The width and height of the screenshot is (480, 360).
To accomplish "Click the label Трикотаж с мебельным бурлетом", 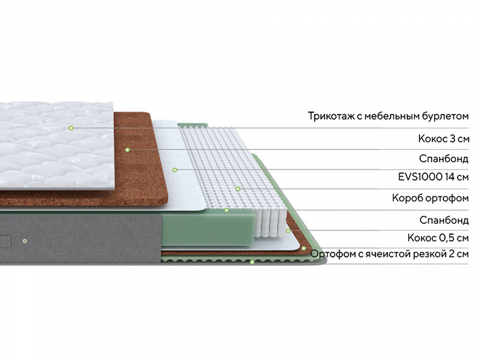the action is [x=388, y=116].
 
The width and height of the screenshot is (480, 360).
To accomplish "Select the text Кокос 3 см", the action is [x=443, y=139].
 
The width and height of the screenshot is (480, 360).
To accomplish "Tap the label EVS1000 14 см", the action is [x=433, y=177].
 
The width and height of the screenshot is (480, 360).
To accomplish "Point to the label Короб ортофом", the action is [x=430, y=199].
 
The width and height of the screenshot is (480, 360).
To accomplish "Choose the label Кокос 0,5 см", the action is [x=438, y=238].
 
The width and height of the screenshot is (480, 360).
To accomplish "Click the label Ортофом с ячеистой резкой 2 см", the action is [x=389, y=254].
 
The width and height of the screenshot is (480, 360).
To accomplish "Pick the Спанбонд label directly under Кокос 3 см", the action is [x=444, y=159].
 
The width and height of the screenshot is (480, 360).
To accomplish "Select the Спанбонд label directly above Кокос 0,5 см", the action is [x=444, y=220].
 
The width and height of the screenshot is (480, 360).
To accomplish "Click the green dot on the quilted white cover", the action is [x=71, y=128].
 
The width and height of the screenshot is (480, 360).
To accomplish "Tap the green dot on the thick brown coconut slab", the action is [x=127, y=149].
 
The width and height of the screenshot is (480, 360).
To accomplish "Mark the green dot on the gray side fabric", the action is [x=25, y=241].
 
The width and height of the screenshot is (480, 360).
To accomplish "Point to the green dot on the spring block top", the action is [x=238, y=189].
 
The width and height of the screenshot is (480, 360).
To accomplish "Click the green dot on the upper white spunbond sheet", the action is [x=175, y=170].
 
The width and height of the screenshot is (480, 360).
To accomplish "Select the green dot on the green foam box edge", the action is [x=226, y=210].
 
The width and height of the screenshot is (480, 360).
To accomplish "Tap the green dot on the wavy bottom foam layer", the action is [x=252, y=262].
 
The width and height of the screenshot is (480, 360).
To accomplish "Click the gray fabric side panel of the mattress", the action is [x=80, y=238].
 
